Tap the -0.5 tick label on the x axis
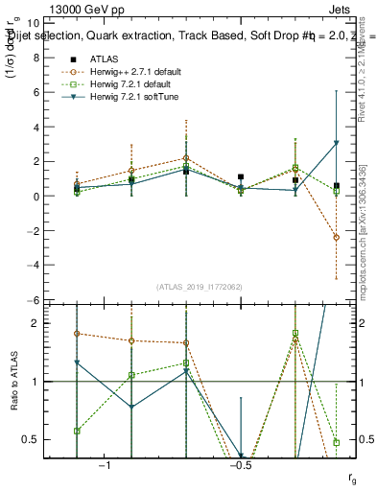click(241, 465)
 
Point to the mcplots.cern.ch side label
click(365, 249)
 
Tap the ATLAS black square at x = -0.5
click(241, 177)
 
